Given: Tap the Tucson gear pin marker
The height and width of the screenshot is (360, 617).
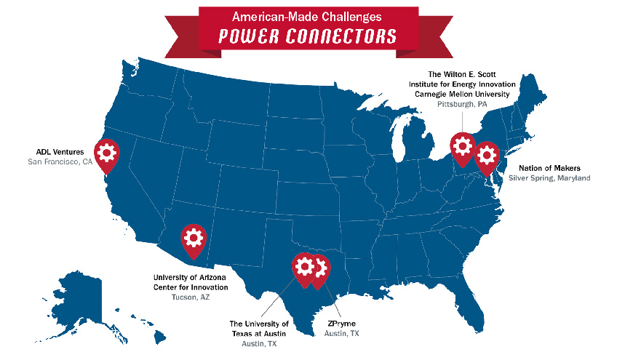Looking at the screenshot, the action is click(x=193, y=239).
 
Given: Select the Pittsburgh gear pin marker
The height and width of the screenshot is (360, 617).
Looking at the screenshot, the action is click(x=462, y=145).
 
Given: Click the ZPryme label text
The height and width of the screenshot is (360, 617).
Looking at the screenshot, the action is click(x=341, y=323).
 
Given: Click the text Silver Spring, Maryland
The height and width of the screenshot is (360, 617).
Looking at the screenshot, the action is click(x=549, y=178).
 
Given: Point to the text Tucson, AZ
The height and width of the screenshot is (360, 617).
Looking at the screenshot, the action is click(x=191, y=298).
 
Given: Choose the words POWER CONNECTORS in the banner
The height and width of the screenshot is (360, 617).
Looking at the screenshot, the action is click(x=308, y=36).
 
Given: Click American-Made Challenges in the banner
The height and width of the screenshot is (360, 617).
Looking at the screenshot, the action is click(x=308, y=16).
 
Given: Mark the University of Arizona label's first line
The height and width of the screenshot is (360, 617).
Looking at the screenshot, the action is click(x=191, y=277).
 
